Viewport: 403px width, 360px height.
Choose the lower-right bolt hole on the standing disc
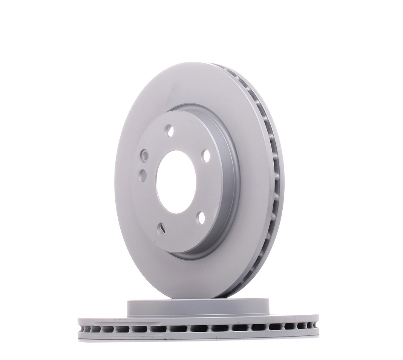(x=201, y=217)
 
